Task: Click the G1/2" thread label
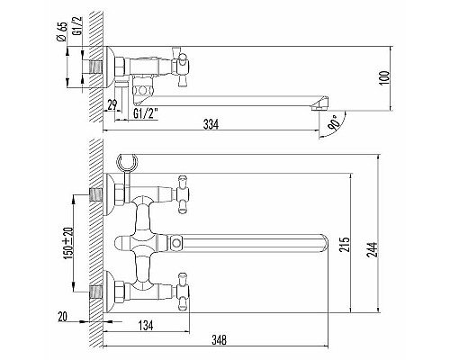pos(146,114)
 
